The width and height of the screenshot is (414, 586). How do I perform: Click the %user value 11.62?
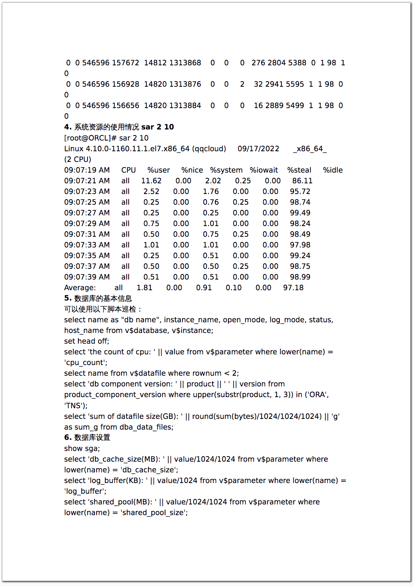click(x=151, y=181)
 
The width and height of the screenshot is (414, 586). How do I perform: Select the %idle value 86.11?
click(x=302, y=181)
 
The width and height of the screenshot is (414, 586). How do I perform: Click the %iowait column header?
click(x=264, y=170)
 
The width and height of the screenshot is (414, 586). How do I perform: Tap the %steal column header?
click(x=299, y=170)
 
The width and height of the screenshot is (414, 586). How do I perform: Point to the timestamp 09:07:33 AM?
click(x=87, y=245)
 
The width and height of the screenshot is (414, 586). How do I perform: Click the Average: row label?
click(x=80, y=288)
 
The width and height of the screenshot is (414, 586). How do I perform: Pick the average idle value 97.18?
click(x=293, y=288)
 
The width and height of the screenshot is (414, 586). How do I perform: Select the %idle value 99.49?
click(x=300, y=213)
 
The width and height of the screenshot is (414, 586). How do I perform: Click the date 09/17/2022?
click(x=258, y=149)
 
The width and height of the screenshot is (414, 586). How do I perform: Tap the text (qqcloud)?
click(x=209, y=149)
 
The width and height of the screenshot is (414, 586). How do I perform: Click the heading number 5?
click(x=68, y=298)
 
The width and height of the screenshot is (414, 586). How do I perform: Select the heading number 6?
click(x=68, y=438)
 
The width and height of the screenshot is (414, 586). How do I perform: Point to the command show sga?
click(x=82, y=449)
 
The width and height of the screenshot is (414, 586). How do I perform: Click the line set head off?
click(x=87, y=341)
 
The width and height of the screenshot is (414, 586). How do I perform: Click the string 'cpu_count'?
click(x=85, y=363)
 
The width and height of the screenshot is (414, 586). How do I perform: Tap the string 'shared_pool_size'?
click(x=154, y=513)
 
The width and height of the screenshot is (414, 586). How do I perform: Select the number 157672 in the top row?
click(x=125, y=63)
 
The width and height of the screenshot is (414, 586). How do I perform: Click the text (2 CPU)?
click(x=78, y=160)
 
